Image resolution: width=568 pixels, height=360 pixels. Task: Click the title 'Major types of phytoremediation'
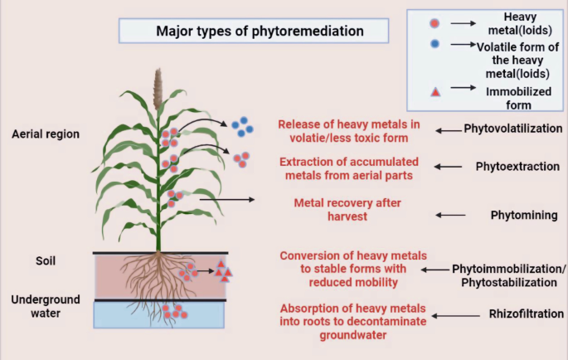click(x=260, y=32)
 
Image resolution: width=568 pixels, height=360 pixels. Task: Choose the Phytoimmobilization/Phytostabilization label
click(x=509, y=276)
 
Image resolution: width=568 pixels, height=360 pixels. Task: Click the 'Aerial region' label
click(x=46, y=134)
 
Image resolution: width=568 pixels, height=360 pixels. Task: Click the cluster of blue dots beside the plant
click(x=242, y=126)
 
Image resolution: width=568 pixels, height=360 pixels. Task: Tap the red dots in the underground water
click(x=173, y=312)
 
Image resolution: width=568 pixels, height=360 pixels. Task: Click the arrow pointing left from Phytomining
click(x=451, y=215)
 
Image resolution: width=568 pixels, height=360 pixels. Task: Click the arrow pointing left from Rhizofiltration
click(x=457, y=316)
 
